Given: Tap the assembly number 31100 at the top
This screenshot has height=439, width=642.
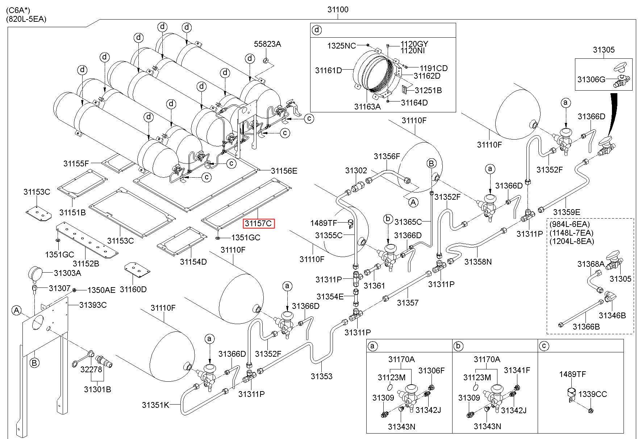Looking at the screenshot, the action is coord(338,9).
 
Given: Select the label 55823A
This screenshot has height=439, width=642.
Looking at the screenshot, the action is coord(267,44).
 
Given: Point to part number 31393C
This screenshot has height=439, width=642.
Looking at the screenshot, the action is coord(93,305).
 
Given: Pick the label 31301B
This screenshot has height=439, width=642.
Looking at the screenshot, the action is coord(97,389).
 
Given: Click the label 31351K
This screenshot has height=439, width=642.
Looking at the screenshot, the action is coord(155,405).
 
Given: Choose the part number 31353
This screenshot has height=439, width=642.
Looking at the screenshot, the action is coord(321,376).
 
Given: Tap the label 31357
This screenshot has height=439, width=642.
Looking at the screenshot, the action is coord(408,302).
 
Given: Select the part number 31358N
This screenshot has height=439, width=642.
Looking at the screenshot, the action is coord(478,261).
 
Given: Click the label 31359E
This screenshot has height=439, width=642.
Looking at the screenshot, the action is coord(567,212).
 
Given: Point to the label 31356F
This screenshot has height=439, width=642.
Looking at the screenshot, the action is coord(387,156).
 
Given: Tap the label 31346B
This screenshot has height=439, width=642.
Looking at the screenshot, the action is coord(612,315).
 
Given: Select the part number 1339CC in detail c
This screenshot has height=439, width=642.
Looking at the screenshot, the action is coord(592,394).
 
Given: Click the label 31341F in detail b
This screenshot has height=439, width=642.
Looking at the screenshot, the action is coord(517,370).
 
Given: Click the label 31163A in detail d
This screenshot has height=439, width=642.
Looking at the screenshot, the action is coord(367,106).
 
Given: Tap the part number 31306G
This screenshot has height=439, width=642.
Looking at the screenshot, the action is coord(591,79).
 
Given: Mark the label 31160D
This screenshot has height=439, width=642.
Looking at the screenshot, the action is coord(133,289).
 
